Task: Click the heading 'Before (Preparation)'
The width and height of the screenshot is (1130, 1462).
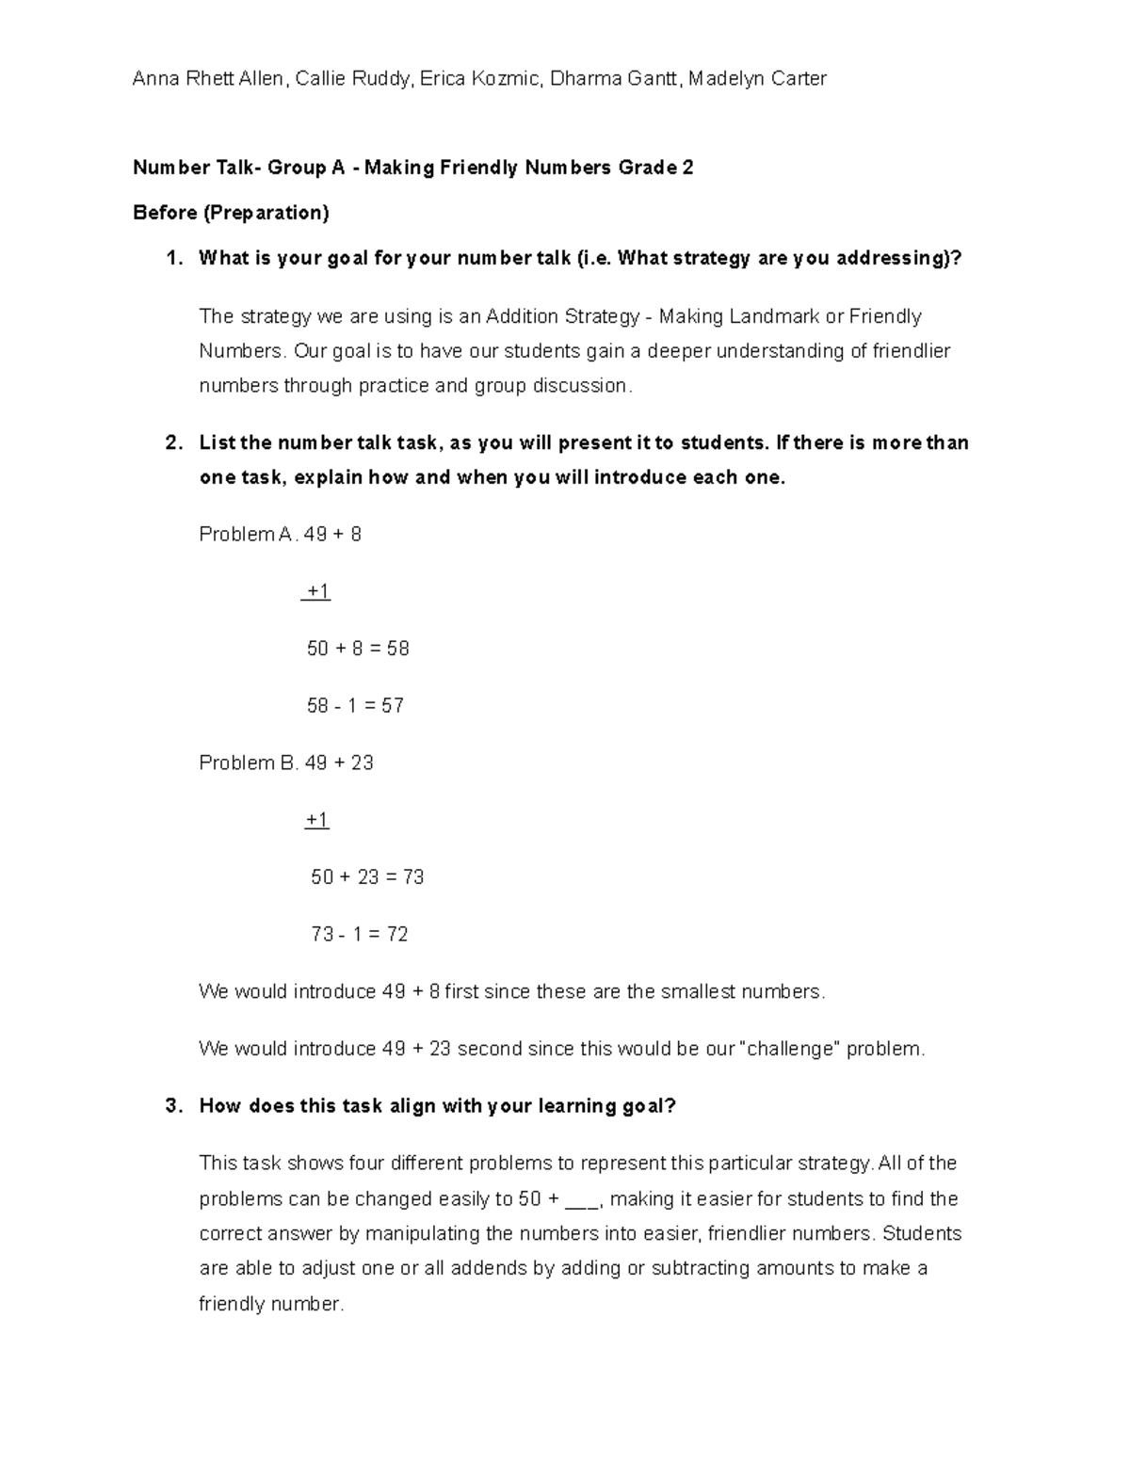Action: click(x=231, y=213)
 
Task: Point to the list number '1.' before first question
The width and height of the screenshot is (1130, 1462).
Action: click(x=173, y=258)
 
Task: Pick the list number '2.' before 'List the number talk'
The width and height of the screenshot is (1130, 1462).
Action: click(x=173, y=442)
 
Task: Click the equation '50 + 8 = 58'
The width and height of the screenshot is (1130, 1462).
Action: click(x=358, y=649)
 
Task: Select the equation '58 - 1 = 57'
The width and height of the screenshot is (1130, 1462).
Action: click(x=355, y=706)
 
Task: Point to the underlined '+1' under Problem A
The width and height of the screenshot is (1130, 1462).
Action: click(x=317, y=592)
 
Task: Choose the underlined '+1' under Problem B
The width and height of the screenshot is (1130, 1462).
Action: click(x=317, y=821)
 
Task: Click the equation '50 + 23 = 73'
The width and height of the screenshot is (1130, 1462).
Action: click(x=367, y=877)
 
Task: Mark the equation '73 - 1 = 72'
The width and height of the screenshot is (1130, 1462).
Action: click(x=360, y=935)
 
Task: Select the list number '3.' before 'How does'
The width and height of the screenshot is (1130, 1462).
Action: click(x=173, y=1106)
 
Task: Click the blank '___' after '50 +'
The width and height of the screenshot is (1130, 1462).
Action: click(x=584, y=1200)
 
